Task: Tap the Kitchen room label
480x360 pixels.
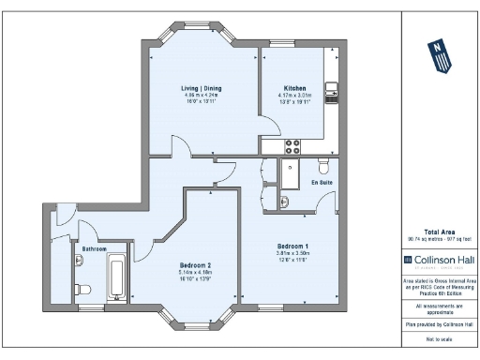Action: click(295, 88)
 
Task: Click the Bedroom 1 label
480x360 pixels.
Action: click(292, 246)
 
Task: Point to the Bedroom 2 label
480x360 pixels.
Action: click(201, 265)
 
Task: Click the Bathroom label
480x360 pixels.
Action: click(94, 248)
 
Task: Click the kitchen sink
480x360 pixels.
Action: click(331, 93)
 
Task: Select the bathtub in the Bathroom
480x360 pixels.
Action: click(118, 275)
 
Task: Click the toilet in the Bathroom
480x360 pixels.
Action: click(81, 288)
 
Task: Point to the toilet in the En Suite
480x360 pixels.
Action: click(324, 168)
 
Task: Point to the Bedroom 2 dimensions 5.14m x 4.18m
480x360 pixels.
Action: click(201, 272)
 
